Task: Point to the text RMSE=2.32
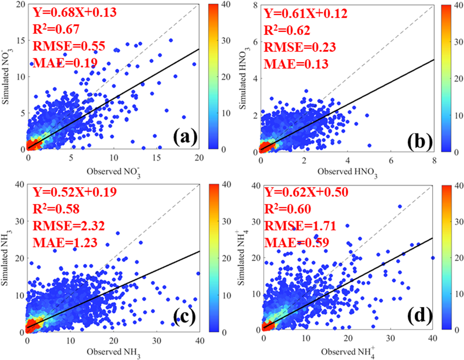[69, 226]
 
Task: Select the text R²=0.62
[290, 30]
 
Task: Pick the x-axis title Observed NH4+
[347, 351]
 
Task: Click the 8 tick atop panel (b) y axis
[255, 5]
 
